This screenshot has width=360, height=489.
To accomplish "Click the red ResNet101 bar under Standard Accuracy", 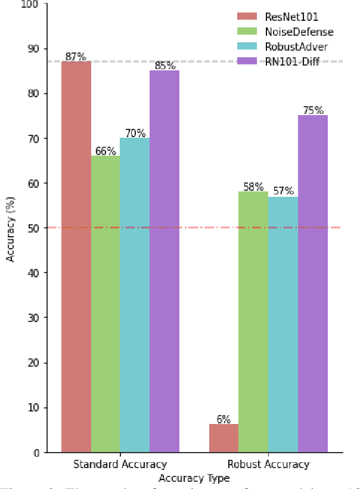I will coord(76,256).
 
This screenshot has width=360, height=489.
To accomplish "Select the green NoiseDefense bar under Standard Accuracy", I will coord(105,304).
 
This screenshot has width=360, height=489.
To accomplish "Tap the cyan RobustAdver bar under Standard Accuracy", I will coord(135,295).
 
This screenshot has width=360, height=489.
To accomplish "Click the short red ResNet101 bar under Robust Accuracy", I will coord(224,438).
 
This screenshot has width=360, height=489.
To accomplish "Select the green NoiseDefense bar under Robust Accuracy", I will coord(253,322).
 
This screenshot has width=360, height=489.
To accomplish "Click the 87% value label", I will coord(76,57).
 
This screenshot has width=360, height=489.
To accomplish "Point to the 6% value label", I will coord(224,419).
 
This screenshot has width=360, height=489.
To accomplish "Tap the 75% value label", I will coord(312,110).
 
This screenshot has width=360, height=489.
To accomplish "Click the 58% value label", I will coord(253,187).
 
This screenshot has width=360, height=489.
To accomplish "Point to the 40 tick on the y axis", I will coord(33,273).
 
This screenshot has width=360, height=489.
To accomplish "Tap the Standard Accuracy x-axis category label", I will coord(120,465).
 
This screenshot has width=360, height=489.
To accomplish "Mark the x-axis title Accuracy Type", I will coord(194,478).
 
